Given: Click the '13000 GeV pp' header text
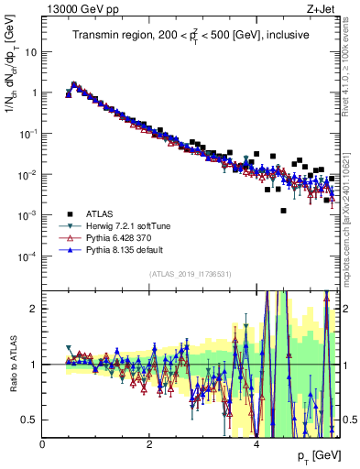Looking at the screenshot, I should (x=80, y=8).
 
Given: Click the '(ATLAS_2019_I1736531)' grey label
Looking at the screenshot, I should (x=191, y=274).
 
